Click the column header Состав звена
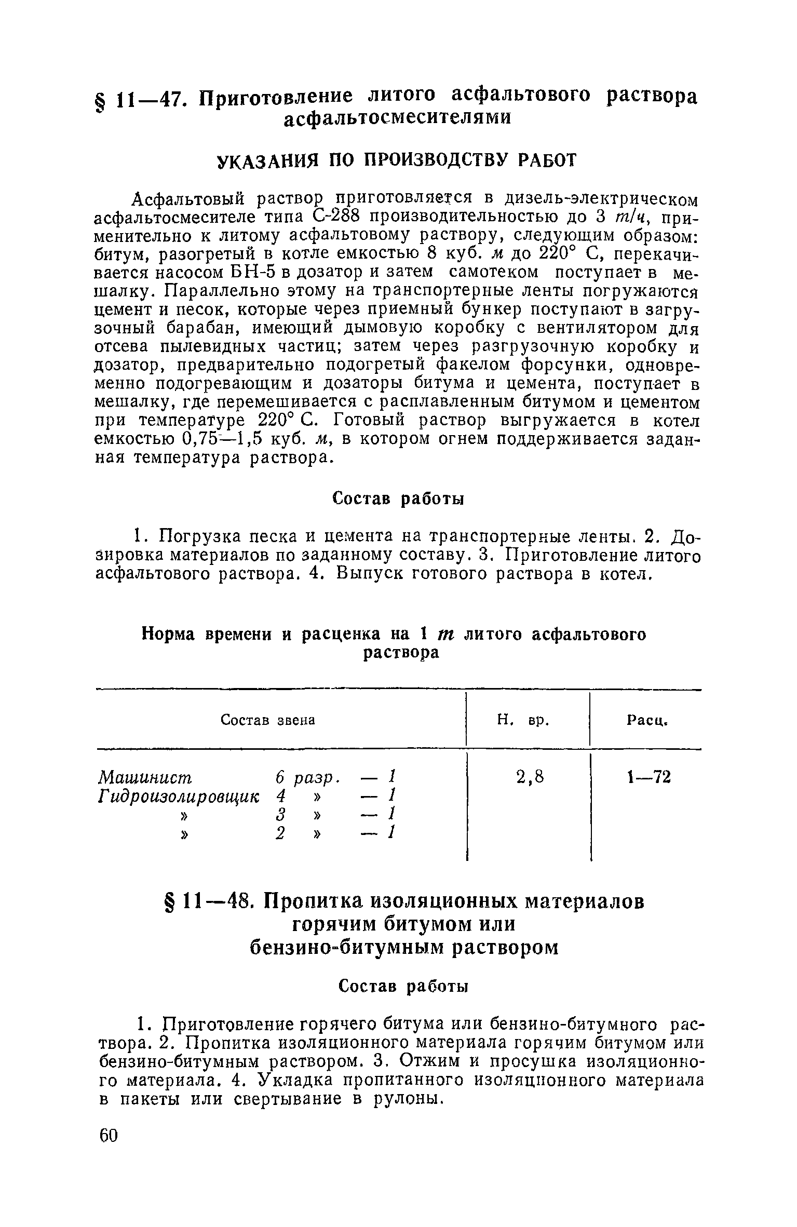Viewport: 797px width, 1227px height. click(x=268, y=720)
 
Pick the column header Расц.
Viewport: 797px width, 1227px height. click(x=646, y=720)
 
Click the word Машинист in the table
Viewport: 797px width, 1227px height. click(x=145, y=777)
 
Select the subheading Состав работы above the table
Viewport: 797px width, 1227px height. click(x=398, y=499)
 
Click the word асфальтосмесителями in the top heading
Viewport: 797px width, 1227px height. click(x=397, y=119)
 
